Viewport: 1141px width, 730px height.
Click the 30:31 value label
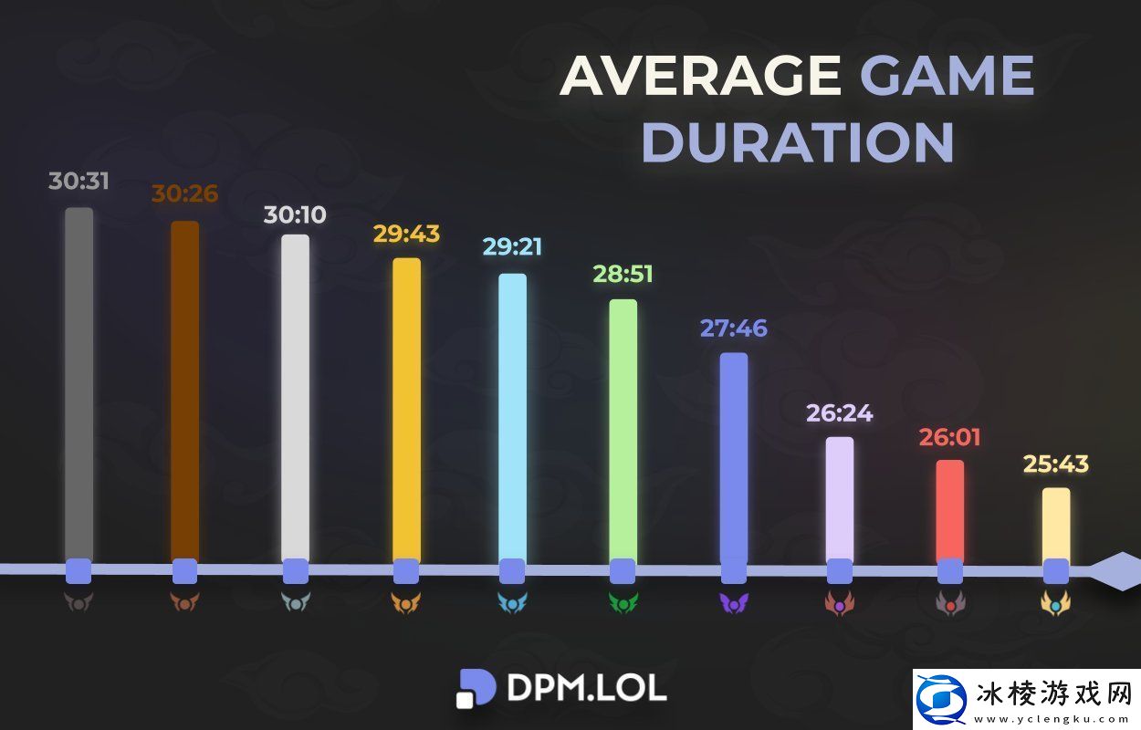point(79,181)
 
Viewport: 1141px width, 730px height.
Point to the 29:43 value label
point(406,234)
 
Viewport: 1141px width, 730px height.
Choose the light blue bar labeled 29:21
point(512,415)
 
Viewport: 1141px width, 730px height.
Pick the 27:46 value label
point(734,328)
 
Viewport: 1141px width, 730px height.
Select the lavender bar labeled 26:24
point(840,497)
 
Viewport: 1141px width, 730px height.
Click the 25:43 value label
point(1056,464)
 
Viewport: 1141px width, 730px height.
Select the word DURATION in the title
point(798,142)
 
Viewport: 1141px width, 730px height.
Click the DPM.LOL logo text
point(587,688)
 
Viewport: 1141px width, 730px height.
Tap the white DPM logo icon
point(475,688)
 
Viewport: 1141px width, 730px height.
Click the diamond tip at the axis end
point(1115,571)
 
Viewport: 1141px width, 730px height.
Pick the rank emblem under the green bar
point(623,603)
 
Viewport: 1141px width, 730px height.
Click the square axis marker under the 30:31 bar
point(79,571)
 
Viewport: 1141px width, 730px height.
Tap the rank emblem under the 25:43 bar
point(1056,603)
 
